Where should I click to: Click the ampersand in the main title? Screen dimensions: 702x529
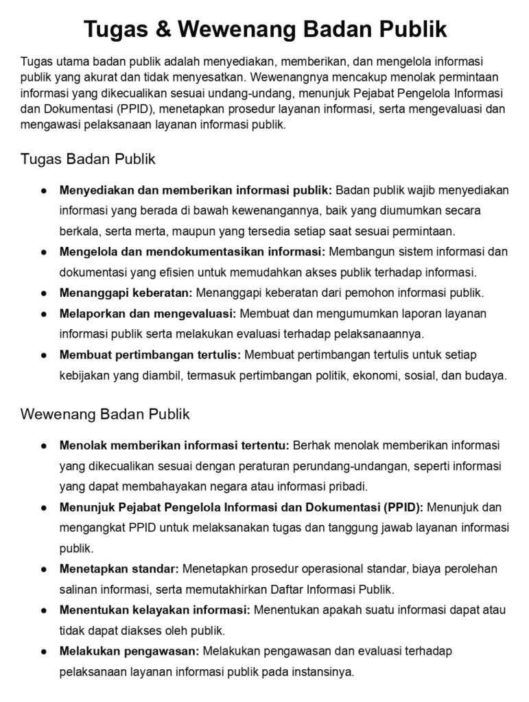[165, 29]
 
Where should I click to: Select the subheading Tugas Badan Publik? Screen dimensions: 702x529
[89, 160]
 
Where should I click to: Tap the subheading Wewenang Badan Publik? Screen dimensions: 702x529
[105, 415]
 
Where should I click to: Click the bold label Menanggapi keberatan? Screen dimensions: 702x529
[126, 293]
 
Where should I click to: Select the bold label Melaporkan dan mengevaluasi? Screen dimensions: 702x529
[148, 313]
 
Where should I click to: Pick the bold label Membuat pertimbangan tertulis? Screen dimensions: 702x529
[150, 354]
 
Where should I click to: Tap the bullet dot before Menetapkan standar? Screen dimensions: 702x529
[43, 569]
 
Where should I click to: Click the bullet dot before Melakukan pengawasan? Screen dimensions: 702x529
[43, 651]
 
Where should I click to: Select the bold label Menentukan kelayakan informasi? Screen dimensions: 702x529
[155, 610]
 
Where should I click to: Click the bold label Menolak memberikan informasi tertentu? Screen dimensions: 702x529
[174, 446]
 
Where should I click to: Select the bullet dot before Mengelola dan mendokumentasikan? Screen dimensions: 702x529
[43, 252]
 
